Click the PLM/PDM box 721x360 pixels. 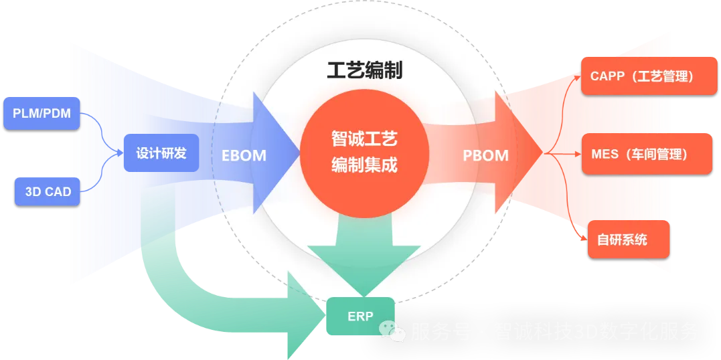tap(42, 114)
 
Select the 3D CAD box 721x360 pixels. tap(48, 191)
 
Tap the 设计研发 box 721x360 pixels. tap(161, 153)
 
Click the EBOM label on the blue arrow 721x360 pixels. tap(244, 156)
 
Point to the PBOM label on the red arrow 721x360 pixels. tap(485, 156)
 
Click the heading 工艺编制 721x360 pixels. tap(364, 70)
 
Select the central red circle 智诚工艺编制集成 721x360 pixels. tap(364, 153)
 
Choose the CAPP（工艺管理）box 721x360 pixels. tap(641, 76)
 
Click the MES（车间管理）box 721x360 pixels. tap(639, 154)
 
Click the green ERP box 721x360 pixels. tap(360, 316)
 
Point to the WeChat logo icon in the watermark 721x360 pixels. tap(393, 329)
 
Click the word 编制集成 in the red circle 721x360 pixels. tap(364, 165)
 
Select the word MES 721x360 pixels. tap(605, 154)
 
